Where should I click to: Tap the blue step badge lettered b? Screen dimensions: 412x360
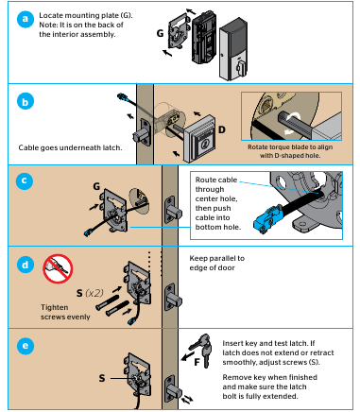[24, 101]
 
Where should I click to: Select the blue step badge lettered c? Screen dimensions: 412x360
[24, 181]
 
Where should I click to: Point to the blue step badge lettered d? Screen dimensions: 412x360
[24, 265]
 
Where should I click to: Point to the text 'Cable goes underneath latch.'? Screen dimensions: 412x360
[62, 148]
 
